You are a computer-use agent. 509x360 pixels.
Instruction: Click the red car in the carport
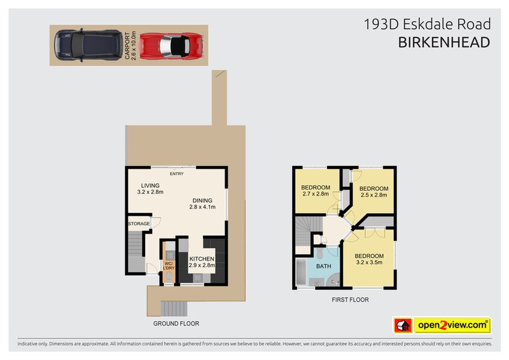click(172, 45)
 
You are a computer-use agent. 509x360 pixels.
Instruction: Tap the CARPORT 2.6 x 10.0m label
click(130, 45)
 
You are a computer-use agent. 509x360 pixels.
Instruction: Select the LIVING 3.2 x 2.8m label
click(150, 189)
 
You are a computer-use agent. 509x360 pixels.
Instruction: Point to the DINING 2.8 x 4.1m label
click(202, 203)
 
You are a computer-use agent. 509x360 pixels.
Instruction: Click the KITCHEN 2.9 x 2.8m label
click(202, 262)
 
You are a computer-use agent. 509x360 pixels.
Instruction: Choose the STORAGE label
click(139, 224)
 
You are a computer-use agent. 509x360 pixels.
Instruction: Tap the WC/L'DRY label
click(169, 266)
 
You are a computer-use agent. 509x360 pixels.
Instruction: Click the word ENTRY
click(176, 174)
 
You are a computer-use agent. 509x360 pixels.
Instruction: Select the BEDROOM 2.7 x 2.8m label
click(315, 190)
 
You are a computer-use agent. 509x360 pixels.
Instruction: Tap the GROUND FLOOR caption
click(176, 324)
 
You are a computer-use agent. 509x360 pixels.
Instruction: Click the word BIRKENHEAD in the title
click(444, 43)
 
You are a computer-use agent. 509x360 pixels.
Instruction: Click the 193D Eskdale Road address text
click(427, 24)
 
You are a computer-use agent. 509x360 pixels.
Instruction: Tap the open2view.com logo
click(452, 326)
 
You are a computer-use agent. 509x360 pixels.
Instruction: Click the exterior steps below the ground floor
click(173, 308)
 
